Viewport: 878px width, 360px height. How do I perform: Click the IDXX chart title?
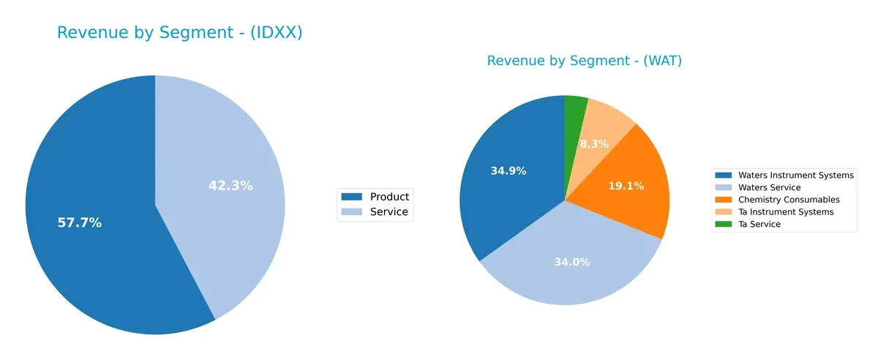pyautogui.click(x=179, y=33)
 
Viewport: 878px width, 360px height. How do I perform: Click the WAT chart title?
pyautogui.click(x=584, y=61)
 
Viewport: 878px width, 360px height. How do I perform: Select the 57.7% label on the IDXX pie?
pyautogui.click(x=80, y=223)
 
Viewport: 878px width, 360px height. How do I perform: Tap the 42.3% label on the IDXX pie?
pyautogui.click(x=230, y=186)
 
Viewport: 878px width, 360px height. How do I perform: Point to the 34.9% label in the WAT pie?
pyautogui.click(x=509, y=171)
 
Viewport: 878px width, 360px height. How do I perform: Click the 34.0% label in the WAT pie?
pyautogui.click(x=572, y=262)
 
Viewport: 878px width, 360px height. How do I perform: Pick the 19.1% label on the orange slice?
pyautogui.click(x=626, y=186)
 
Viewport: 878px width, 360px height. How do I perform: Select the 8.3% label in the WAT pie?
pyautogui.click(x=594, y=144)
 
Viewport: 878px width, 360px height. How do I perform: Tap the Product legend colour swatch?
pyautogui.click(x=351, y=196)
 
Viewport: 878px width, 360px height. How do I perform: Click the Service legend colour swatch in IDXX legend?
pyautogui.click(x=351, y=212)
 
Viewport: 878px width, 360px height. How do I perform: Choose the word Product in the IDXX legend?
pyautogui.click(x=389, y=196)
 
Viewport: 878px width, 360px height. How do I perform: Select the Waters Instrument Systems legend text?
pyautogui.click(x=796, y=176)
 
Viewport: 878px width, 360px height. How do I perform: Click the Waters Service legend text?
pyautogui.click(x=770, y=187)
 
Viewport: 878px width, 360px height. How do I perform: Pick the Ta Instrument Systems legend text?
pyautogui.click(x=786, y=212)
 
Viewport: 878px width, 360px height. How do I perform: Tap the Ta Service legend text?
pyautogui.click(x=759, y=224)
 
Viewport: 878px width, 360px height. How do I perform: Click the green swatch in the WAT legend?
pyautogui.click(x=724, y=224)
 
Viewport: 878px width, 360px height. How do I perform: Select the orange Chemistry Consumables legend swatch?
pyautogui.click(x=724, y=200)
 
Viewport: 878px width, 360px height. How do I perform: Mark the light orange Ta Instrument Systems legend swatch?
pyautogui.click(x=724, y=212)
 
